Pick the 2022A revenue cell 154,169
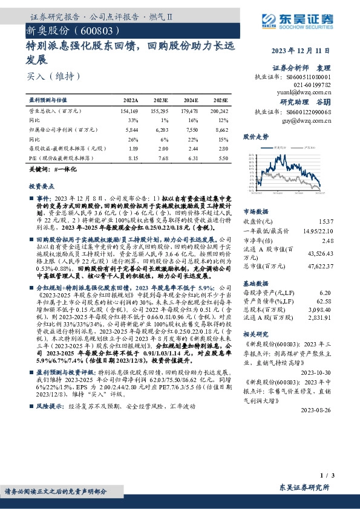click(129, 112)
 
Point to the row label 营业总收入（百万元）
click(55, 112)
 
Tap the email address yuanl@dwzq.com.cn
click(311, 94)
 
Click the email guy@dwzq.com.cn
click(312, 120)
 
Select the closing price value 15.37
click(326, 222)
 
